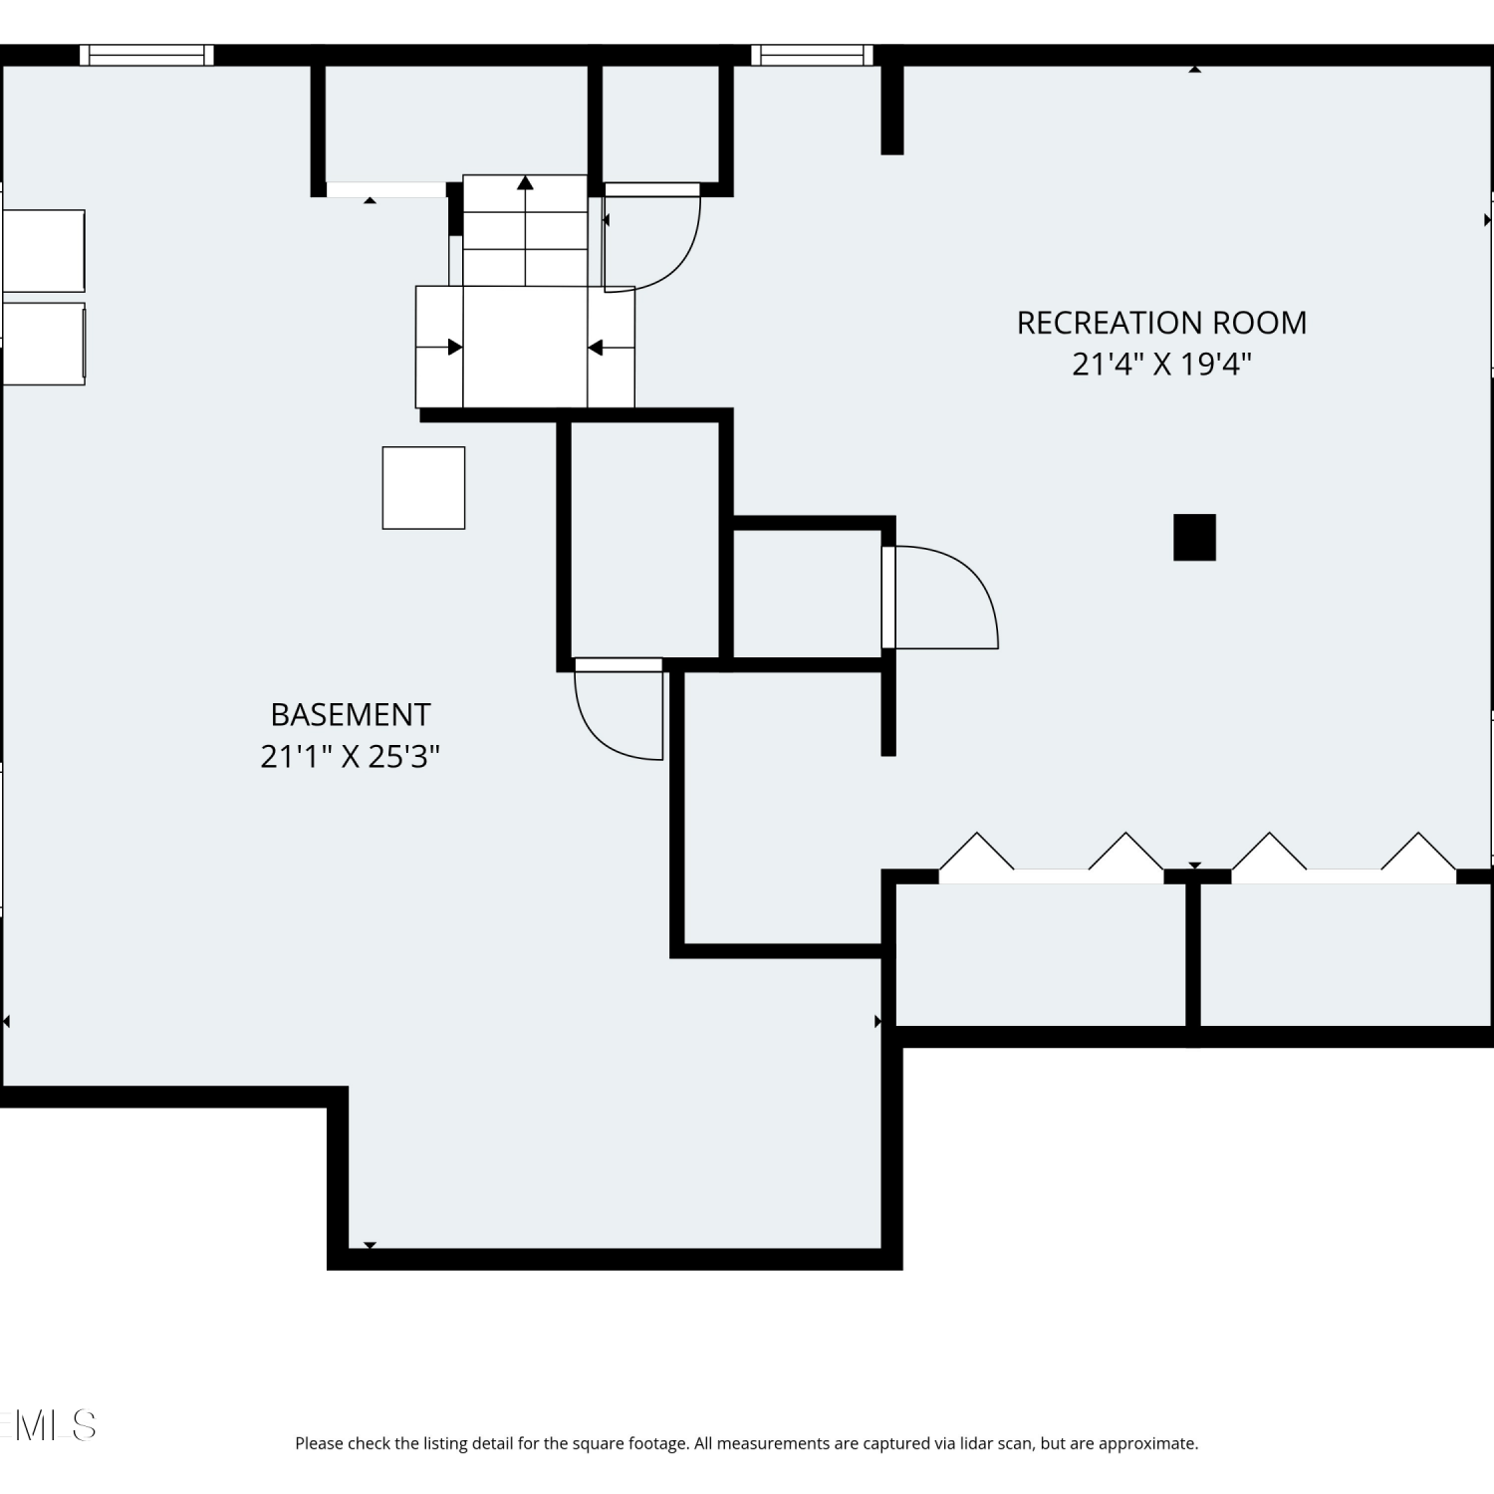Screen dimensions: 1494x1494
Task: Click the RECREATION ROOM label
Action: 1161,323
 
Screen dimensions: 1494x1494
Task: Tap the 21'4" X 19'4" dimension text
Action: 1161,364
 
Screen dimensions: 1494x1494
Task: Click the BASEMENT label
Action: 351,715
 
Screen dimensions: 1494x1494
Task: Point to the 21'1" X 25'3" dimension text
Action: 351,757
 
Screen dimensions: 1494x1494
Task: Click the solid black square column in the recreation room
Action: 1194,538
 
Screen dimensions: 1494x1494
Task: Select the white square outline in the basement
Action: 423,488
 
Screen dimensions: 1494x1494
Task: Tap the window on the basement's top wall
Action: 146,56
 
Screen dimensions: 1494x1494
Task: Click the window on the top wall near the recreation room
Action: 812,56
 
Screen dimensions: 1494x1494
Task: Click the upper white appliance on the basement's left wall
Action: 43,250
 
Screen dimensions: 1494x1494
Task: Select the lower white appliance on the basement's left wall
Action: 43,344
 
